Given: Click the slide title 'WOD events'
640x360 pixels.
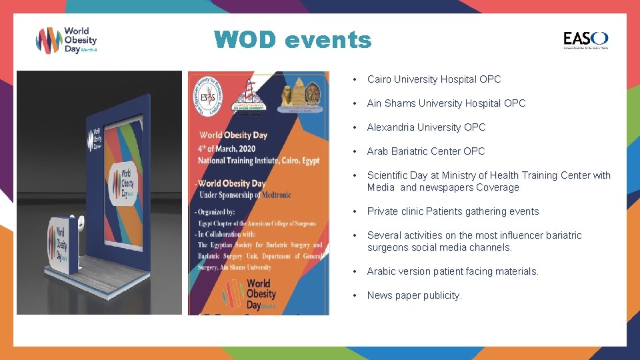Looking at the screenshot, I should point(293,40).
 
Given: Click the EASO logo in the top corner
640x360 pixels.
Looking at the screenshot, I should point(585,40).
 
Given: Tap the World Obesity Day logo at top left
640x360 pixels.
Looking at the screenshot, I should point(67,41).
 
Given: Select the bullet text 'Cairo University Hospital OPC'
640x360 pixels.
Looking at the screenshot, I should point(433,79).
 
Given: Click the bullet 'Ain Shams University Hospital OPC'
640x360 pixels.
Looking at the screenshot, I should point(446,103).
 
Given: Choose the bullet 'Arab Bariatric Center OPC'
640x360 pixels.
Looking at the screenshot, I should point(425,151).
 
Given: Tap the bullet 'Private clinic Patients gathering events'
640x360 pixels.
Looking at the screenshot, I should point(453,211).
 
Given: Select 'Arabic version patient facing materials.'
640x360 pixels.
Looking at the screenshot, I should point(453,271).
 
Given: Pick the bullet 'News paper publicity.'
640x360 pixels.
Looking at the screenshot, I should point(414,295).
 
